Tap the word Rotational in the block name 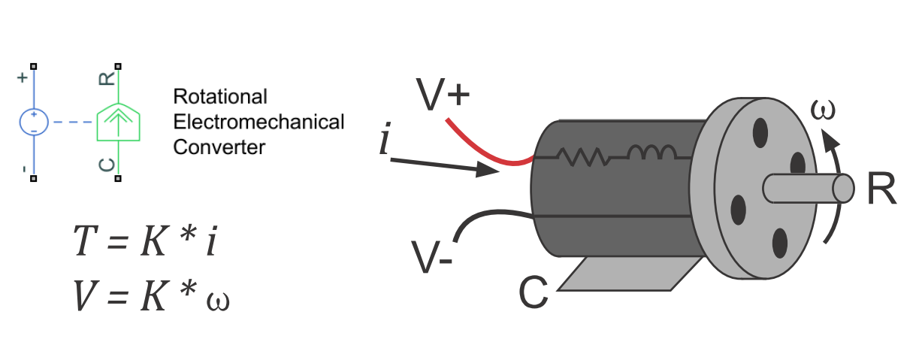(x=220, y=97)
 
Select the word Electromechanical (x=258, y=122)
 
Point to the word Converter (x=219, y=147)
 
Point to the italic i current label (x=384, y=141)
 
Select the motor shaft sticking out (x=808, y=188)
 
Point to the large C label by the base (x=534, y=294)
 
